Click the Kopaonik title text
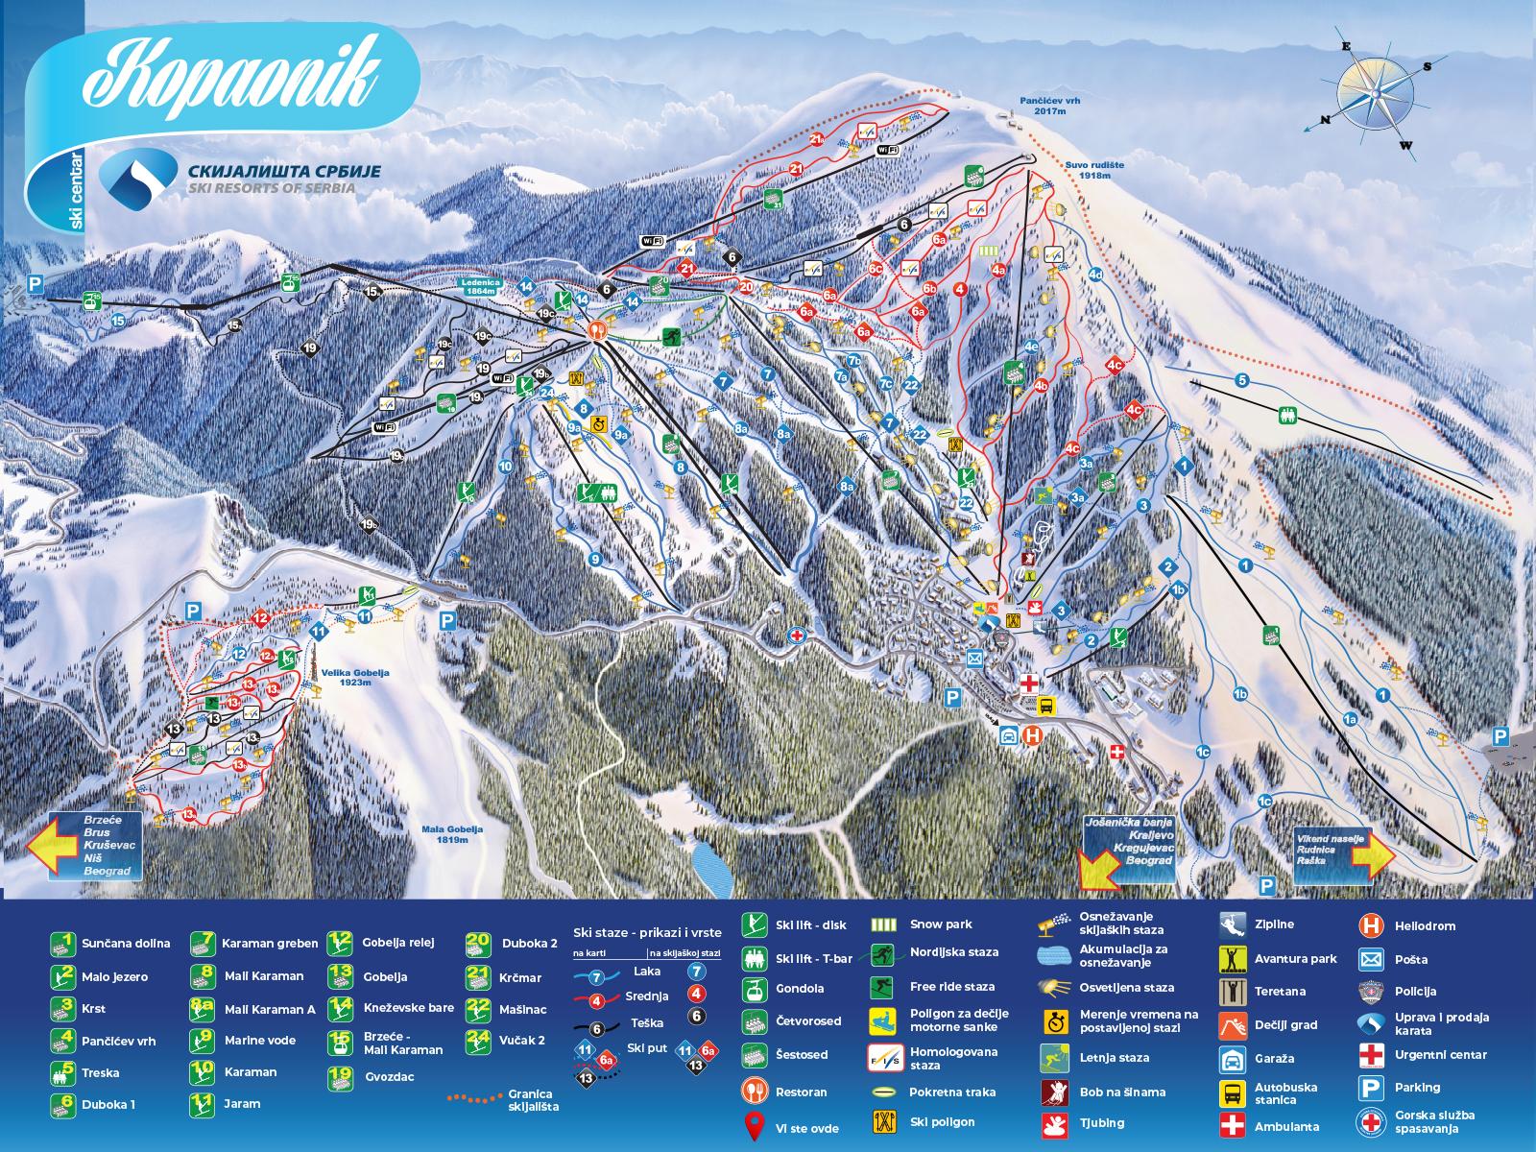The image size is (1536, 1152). (x=230, y=74)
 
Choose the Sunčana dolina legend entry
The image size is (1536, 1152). (x=110, y=943)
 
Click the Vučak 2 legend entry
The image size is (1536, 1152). (x=509, y=1041)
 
